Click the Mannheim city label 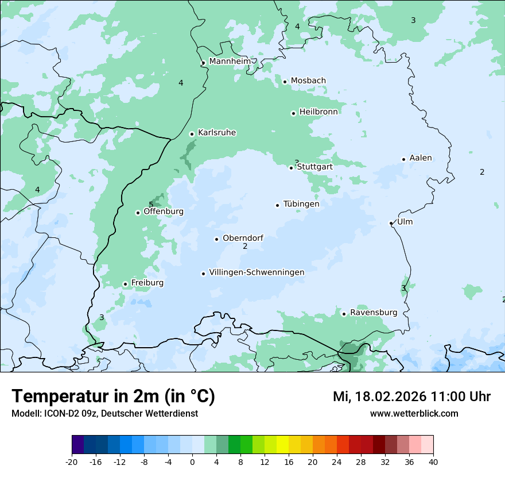(230, 61)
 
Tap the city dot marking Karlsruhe (192, 134)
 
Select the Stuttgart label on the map (314, 167)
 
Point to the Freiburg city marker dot (125, 284)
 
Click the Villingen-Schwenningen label (257, 272)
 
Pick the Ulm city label (405, 222)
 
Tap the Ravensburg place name (374, 313)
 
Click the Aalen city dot (403, 159)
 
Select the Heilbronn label (318, 112)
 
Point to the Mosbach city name (308, 80)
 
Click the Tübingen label (301, 204)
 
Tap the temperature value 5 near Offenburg (151, 205)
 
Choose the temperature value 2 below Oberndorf (245, 246)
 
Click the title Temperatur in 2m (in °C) (113, 396)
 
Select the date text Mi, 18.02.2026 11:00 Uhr (411, 397)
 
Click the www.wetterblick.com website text (414, 413)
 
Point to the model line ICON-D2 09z (104, 413)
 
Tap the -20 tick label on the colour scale (72, 461)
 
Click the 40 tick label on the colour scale (433, 461)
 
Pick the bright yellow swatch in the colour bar (282, 444)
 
